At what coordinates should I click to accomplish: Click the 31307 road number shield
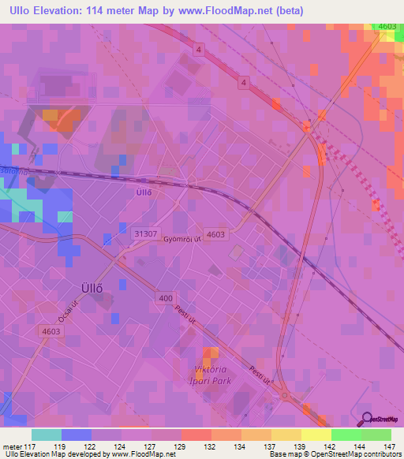144,234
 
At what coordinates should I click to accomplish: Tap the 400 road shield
166,298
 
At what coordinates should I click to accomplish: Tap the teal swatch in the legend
46,435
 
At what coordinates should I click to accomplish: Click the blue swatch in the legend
76,435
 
